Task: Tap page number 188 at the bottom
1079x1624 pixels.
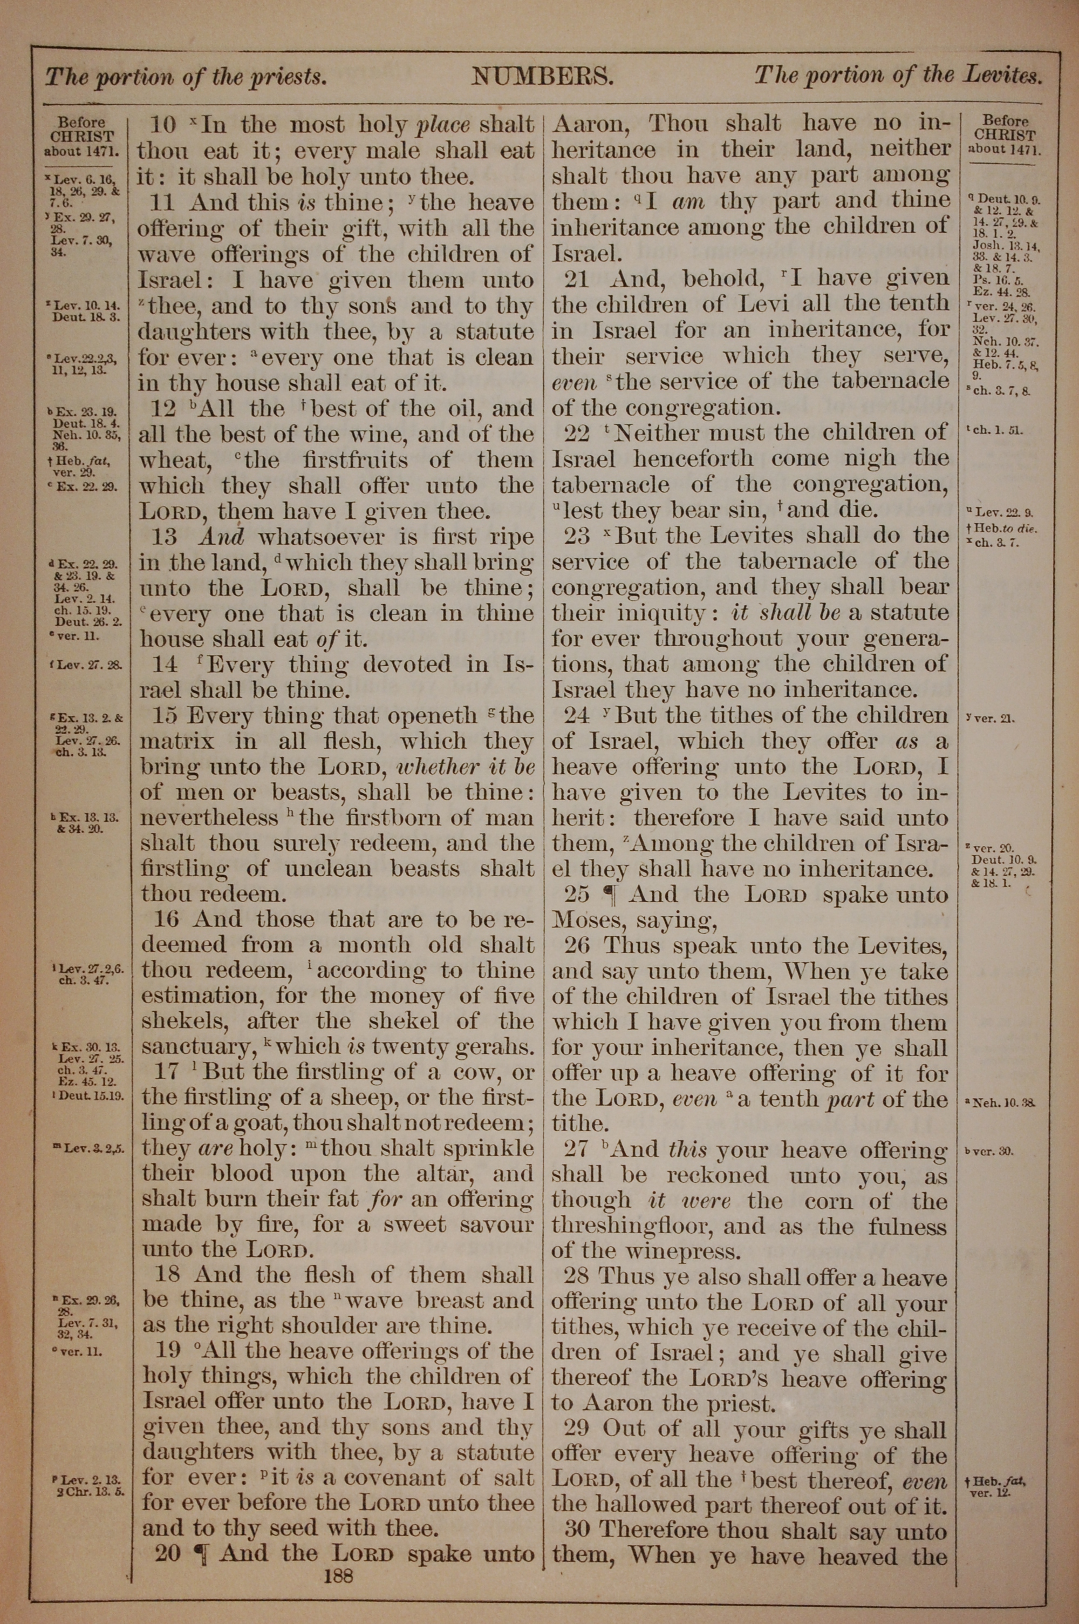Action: [338, 1574]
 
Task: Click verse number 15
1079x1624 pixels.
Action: [165, 716]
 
